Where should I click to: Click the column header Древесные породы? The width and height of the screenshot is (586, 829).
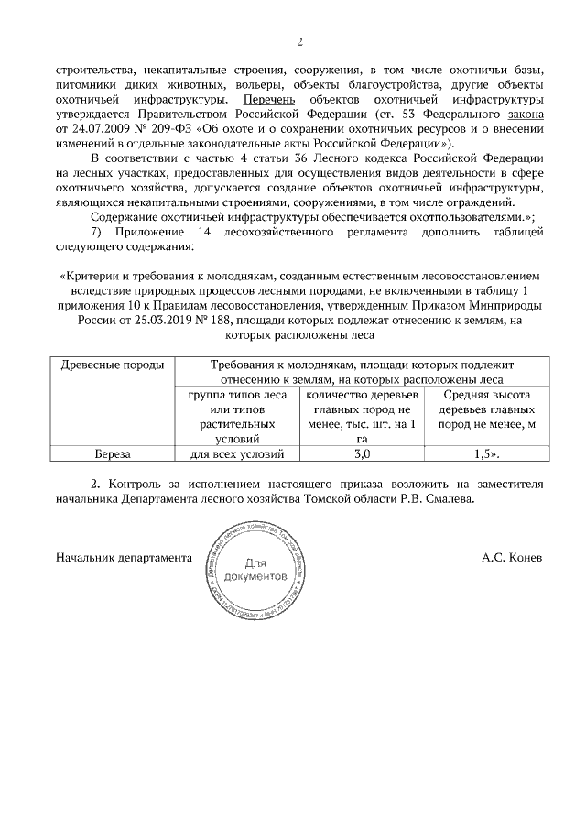[x=112, y=365]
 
